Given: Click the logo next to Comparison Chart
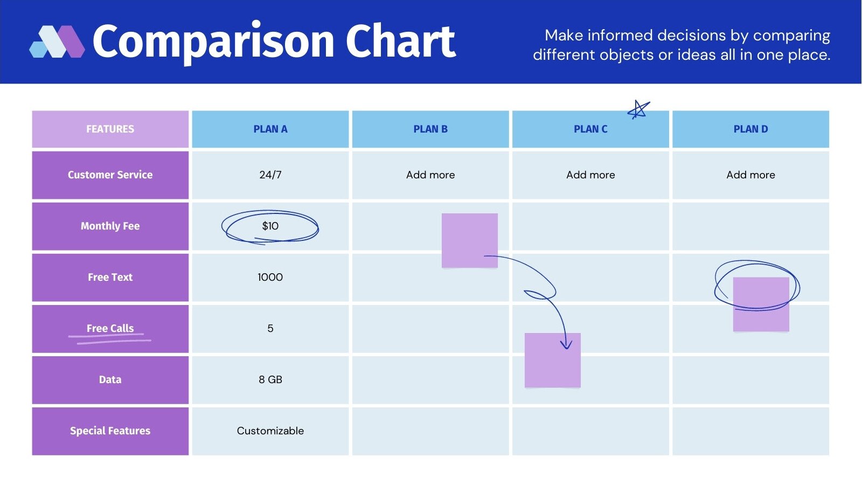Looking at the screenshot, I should pos(57,41).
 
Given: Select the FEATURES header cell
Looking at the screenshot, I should pos(110,129).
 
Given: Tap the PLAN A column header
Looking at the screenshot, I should pos(270,129).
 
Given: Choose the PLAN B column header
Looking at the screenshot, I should pos(430,129).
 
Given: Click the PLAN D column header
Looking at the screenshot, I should pos(750,129).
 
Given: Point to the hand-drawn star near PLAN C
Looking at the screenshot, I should pos(638,110).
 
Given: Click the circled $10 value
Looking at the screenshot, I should pos(270,226).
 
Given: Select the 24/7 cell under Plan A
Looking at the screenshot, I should pos(270,175).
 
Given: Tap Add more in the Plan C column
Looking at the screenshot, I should pos(590,175).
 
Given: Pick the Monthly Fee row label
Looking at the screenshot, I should pos(110,226).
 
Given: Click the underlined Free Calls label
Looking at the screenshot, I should pos(110,329).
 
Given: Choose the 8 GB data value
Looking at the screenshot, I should pos(270,380).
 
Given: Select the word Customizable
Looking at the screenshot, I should pos(270,431).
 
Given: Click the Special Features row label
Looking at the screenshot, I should pos(110,431).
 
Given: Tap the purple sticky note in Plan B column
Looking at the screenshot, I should pos(469,240).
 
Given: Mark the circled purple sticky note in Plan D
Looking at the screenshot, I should pos(761,304).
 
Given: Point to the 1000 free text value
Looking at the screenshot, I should pos(270,278).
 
